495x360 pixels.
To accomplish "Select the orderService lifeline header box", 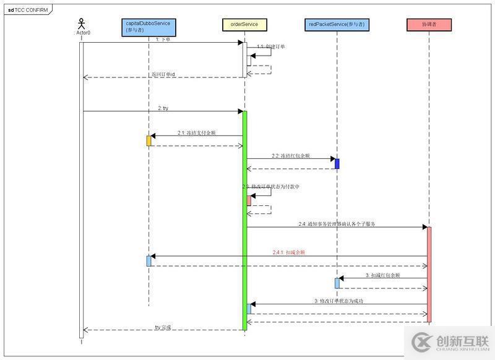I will pos(244,25).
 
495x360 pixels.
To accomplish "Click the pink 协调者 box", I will pos(429,25).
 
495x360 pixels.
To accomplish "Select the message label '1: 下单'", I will pos(163,39).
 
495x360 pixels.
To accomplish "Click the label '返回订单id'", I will pos(163,74).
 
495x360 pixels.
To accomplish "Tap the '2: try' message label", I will pos(163,108).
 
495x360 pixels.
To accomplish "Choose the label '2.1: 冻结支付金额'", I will pos(197,132).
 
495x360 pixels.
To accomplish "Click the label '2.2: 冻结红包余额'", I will pos(290,155).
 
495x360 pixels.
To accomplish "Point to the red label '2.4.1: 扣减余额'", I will pos(289,252).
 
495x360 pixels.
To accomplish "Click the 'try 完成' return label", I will pos(163,327).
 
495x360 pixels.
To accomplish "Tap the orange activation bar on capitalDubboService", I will pos(148,140).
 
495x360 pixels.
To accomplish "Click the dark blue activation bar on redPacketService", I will pos(337,163).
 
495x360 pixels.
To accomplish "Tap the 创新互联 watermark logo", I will pos(450,342).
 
